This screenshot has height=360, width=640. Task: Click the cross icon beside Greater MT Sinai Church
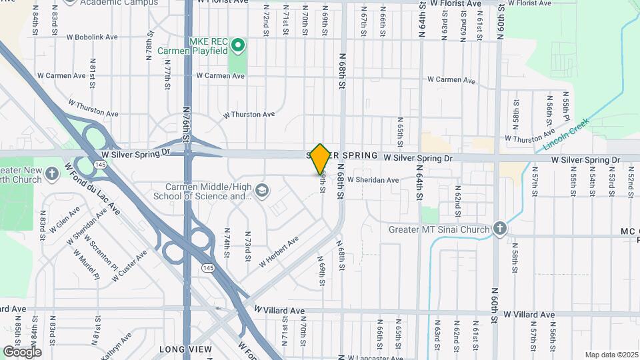pyautogui.click(x=500, y=229)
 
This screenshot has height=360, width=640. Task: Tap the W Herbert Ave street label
pyautogui.click(x=279, y=253)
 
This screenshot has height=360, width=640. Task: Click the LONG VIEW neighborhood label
pyautogui.click(x=180, y=349)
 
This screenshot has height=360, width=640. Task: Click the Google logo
pyautogui.click(x=22, y=351)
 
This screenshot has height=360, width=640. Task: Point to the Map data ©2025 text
pyautogui.click(x=611, y=355)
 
